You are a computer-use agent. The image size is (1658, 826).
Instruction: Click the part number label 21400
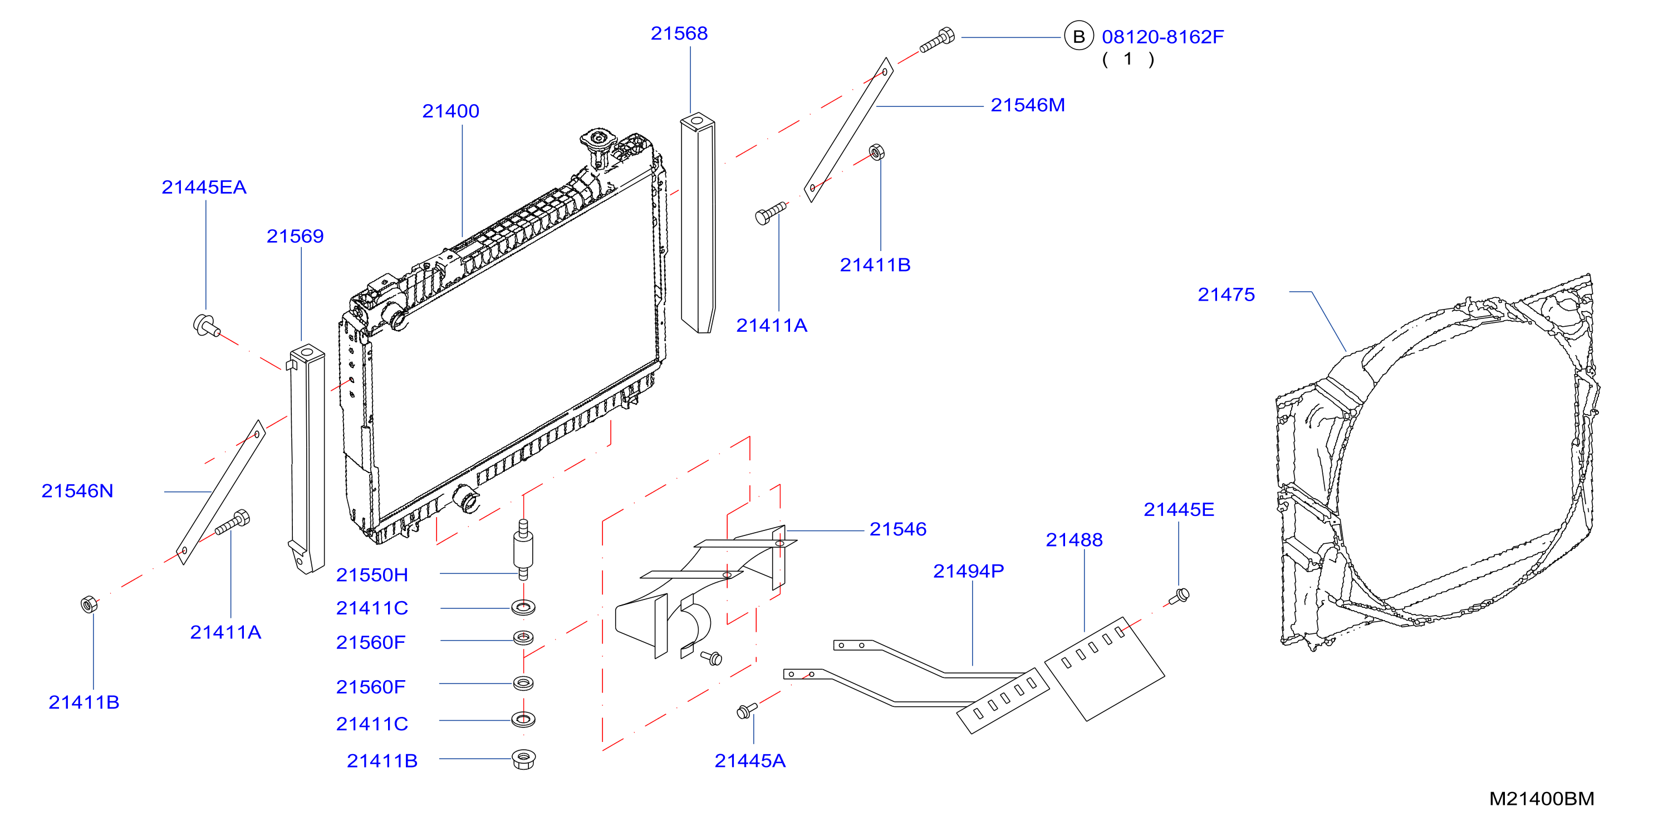click(450, 111)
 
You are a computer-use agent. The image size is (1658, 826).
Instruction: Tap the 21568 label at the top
click(679, 33)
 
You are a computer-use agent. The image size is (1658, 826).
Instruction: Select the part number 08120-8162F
click(1162, 37)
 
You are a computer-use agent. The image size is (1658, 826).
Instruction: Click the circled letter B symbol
click(1079, 37)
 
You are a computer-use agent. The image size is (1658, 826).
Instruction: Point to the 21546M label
click(1027, 105)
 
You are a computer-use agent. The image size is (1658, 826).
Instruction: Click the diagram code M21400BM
click(1542, 798)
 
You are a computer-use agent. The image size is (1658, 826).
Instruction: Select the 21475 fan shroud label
click(1225, 294)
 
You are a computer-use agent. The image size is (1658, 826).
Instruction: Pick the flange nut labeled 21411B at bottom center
click(523, 759)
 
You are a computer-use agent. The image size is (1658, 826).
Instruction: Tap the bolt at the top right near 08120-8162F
click(937, 40)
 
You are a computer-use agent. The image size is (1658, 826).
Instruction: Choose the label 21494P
click(968, 571)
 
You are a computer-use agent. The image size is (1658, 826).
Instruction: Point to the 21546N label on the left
click(77, 491)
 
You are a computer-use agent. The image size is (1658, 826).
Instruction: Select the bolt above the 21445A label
click(747, 710)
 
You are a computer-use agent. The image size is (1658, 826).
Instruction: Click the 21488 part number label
click(1073, 540)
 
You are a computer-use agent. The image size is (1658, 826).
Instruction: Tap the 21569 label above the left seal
click(295, 236)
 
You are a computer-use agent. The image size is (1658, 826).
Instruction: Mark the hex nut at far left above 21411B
click(89, 604)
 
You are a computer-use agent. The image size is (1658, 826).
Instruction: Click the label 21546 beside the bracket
click(898, 529)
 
